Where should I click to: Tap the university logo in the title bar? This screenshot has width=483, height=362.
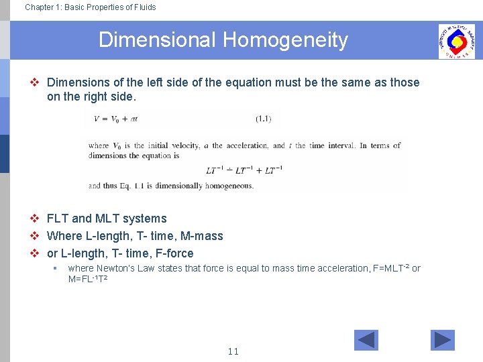[456, 42]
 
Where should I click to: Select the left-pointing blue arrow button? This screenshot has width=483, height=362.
[366, 341]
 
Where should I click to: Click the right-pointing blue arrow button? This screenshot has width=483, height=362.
[442, 341]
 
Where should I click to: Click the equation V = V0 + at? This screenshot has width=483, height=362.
[115, 119]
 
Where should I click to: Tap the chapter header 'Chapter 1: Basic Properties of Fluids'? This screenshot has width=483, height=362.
[90, 7]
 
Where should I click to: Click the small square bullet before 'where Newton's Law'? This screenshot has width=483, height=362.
[54, 268]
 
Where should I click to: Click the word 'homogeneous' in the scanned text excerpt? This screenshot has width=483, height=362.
[229, 186]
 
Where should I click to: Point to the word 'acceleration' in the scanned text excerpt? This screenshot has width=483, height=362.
[248, 145]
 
